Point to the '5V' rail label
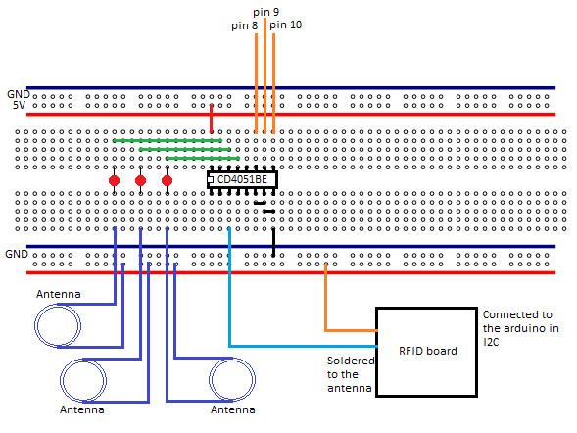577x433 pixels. [19, 105]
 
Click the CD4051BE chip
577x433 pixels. [242, 179]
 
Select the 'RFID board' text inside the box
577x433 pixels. [427, 351]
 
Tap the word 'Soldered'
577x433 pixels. [349, 361]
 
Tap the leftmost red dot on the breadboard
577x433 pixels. [115, 181]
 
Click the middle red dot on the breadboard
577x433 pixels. [141, 181]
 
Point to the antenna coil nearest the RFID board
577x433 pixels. [232, 381]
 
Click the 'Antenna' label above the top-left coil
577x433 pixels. [59, 295]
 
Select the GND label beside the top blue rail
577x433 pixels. [18, 93]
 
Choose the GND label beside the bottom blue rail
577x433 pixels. [17, 254]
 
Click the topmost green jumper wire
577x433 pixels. [167, 140]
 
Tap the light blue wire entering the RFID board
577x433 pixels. [304, 346]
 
